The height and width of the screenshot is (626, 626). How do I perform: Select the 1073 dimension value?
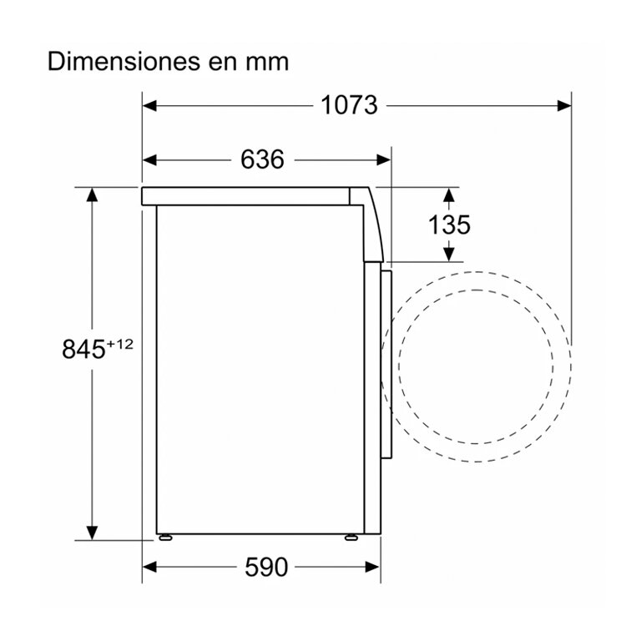tap(350, 105)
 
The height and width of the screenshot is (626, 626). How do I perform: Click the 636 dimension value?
tap(262, 159)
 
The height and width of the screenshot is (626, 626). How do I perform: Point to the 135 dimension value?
tap(449, 225)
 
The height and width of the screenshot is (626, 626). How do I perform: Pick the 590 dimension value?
tap(266, 567)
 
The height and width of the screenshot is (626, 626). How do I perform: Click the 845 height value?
tap(83, 349)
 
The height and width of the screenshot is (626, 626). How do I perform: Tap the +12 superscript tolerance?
tap(119, 343)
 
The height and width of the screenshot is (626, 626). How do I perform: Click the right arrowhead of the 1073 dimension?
tap(564, 106)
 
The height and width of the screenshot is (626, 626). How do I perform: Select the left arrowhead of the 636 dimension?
tap(149, 160)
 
